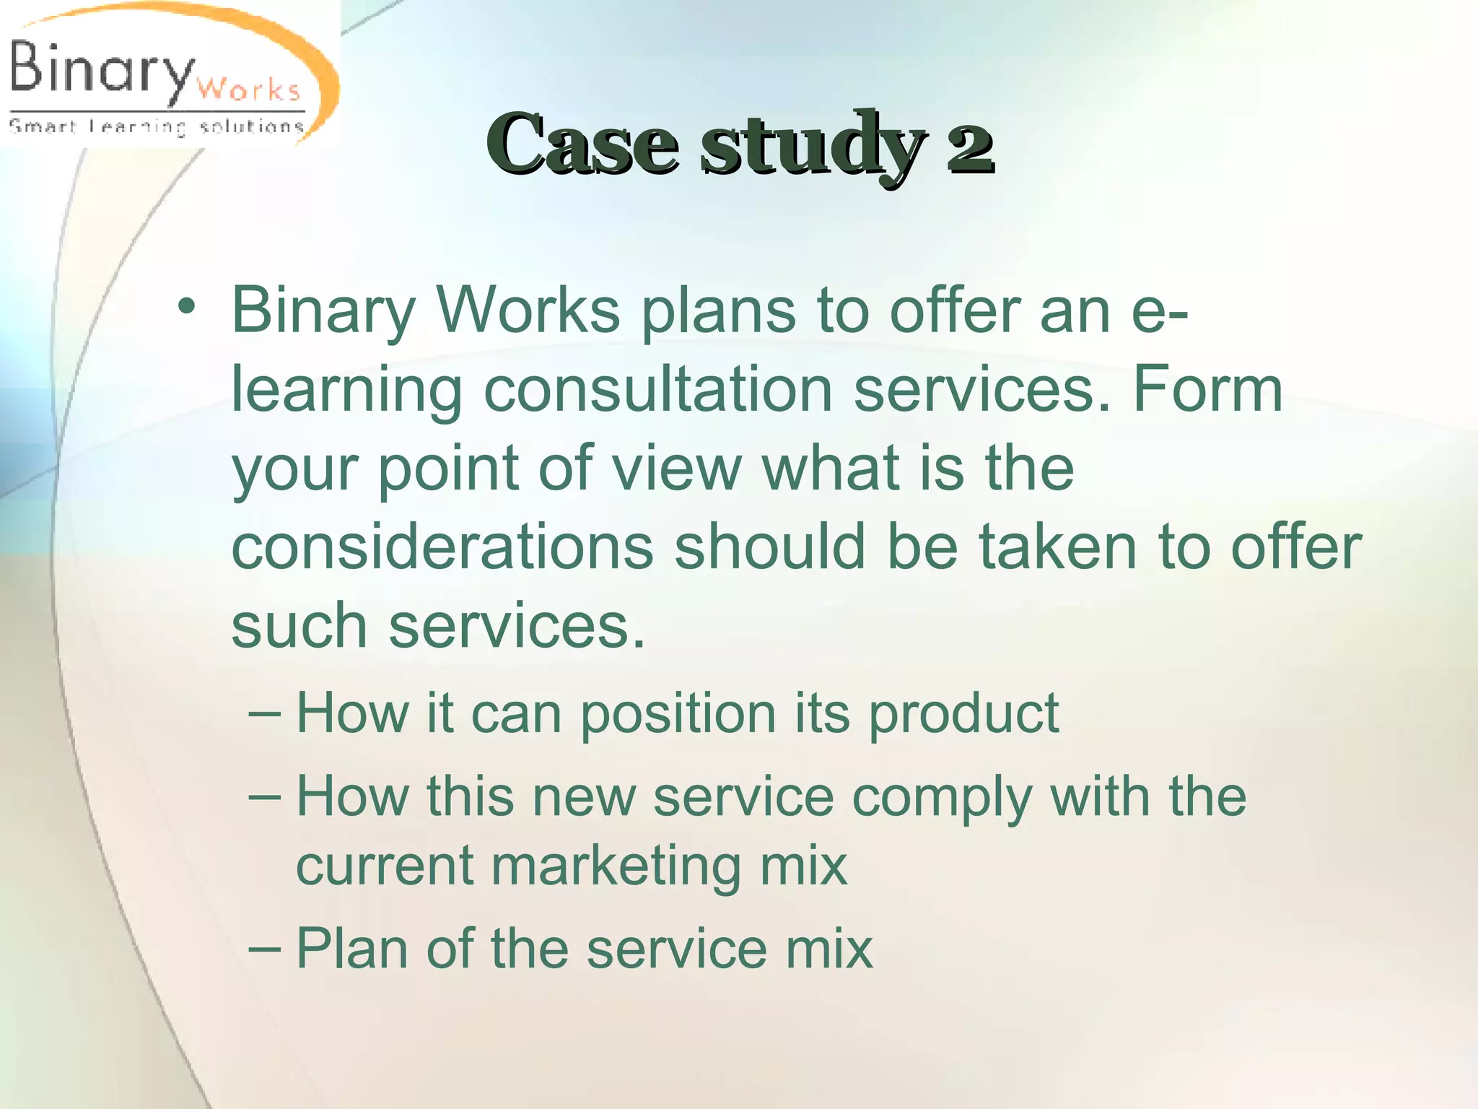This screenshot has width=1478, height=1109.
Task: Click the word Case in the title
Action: click(582, 144)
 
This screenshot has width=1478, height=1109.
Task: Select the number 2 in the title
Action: click(971, 147)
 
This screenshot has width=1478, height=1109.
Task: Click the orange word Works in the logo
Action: click(248, 90)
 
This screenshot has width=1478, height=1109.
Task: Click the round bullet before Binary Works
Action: click(187, 307)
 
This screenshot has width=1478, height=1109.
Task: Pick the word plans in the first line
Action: click(719, 312)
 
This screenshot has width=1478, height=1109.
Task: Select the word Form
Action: click(1208, 390)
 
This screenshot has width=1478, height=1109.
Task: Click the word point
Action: click(448, 469)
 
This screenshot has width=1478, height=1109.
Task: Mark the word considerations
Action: click(442, 547)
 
